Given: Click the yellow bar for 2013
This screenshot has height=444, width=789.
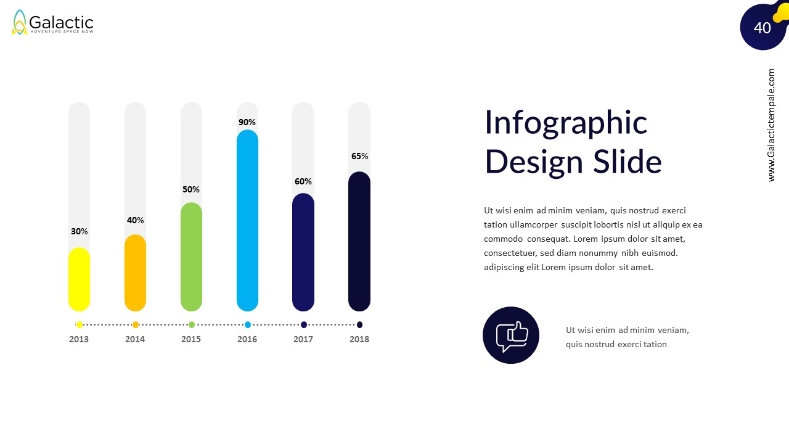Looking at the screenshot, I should (x=79, y=279).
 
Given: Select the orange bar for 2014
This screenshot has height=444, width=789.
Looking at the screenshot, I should (x=135, y=273).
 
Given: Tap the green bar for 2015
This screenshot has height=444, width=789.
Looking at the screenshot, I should (x=191, y=257).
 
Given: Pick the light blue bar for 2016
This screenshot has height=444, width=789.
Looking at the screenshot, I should (x=247, y=220).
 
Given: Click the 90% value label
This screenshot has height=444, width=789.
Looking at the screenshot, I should (x=247, y=122).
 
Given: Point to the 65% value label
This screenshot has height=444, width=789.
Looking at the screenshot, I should (x=359, y=156).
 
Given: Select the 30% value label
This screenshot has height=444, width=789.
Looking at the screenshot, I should (x=79, y=231).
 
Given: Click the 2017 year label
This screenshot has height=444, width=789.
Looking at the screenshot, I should (x=303, y=339).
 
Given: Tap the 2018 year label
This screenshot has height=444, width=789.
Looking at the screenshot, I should (x=359, y=339).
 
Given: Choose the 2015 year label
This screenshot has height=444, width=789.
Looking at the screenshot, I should (x=191, y=339).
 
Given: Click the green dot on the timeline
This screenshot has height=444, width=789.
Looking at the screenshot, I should (x=192, y=324).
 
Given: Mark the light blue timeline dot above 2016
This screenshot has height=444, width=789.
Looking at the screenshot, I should (x=248, y=324).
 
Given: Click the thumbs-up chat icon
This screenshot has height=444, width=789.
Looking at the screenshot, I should (x=511, y=335).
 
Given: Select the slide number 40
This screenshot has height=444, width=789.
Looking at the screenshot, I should (x=762, y=28).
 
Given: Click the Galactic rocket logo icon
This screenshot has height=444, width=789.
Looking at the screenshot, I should (x=20, y=23).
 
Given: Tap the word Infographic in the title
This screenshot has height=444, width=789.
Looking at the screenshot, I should (x=566, y=122).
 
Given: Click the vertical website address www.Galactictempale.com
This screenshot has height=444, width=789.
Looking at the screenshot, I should (x=772, y=125).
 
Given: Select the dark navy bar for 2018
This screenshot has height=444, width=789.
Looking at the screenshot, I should (x=359, y=242).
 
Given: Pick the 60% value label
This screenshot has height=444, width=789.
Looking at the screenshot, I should (x=303, y=181).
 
